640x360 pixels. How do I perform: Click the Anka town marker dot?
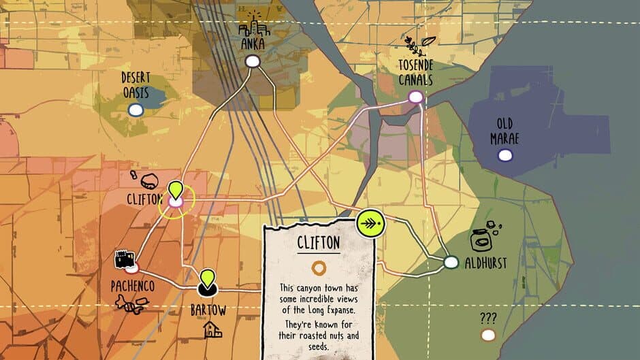[253, 61]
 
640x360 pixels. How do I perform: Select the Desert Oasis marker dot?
[135, 110]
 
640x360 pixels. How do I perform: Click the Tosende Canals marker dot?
[415, 97]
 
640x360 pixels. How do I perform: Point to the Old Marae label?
[505, 131]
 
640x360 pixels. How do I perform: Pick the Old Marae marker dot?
[505, 156]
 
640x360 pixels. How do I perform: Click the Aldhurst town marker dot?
[451, 262]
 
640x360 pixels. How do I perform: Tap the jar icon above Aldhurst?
[483, 238]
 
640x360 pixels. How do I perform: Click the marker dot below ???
[488, 335]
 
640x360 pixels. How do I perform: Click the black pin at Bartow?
[207, 282]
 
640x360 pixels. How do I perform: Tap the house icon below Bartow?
[212, 330]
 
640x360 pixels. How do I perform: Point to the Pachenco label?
[133, 287]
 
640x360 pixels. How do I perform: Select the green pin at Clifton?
[176, 190]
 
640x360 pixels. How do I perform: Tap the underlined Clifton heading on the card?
[318, 243]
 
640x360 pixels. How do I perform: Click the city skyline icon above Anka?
[255, 24]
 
